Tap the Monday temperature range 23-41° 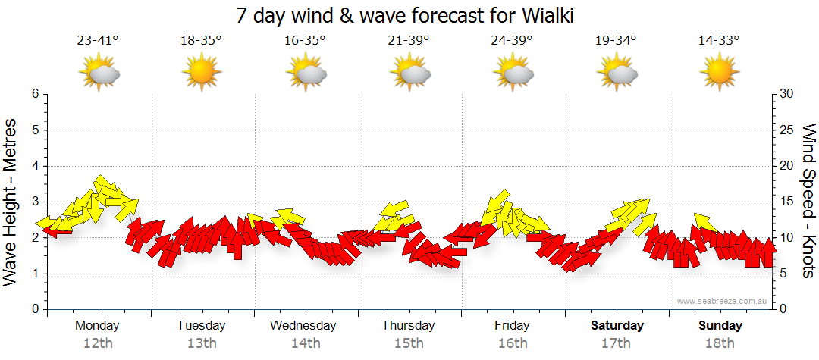[x=98, y=41]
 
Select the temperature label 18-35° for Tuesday [x=201, y=41]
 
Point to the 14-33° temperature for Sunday [x=719, y=41]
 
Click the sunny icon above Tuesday [x=201, y=74]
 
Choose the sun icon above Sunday [x=719, y=74]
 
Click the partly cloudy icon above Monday [x=99, y=74]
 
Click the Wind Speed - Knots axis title [x=808, y=201]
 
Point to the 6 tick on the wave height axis [x=34, y=94]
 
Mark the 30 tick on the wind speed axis [x=787, y=94]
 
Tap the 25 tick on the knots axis [x=787, y=130]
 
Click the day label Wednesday [x=303, y=326]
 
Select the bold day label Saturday [x=617, y=326]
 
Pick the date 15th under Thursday [x=408, y=343]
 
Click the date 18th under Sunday [x=720, y=343]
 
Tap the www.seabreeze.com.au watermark [x=723, y=302]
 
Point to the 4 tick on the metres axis [x=34, y=166]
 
